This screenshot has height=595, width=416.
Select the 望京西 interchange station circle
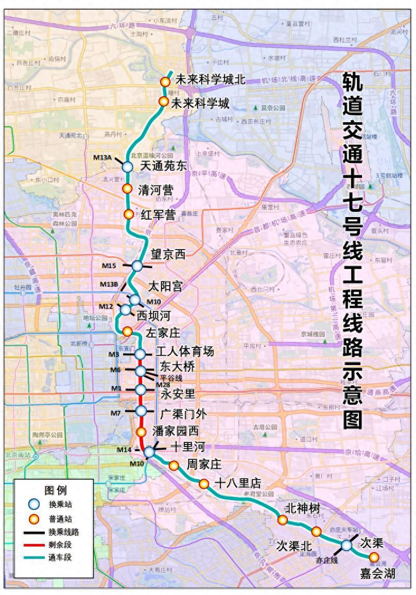click(137, 266)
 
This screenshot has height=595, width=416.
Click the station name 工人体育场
click(185, 352)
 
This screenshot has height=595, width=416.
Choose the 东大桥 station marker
click(141, 371)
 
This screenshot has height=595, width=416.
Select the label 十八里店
click(238, 484)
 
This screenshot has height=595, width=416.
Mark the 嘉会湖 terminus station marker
click(373, 557)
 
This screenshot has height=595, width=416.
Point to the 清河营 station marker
click(127, 189)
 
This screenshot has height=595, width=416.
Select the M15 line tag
click(109, 266)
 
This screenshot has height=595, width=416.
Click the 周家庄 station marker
click(174, 466)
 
